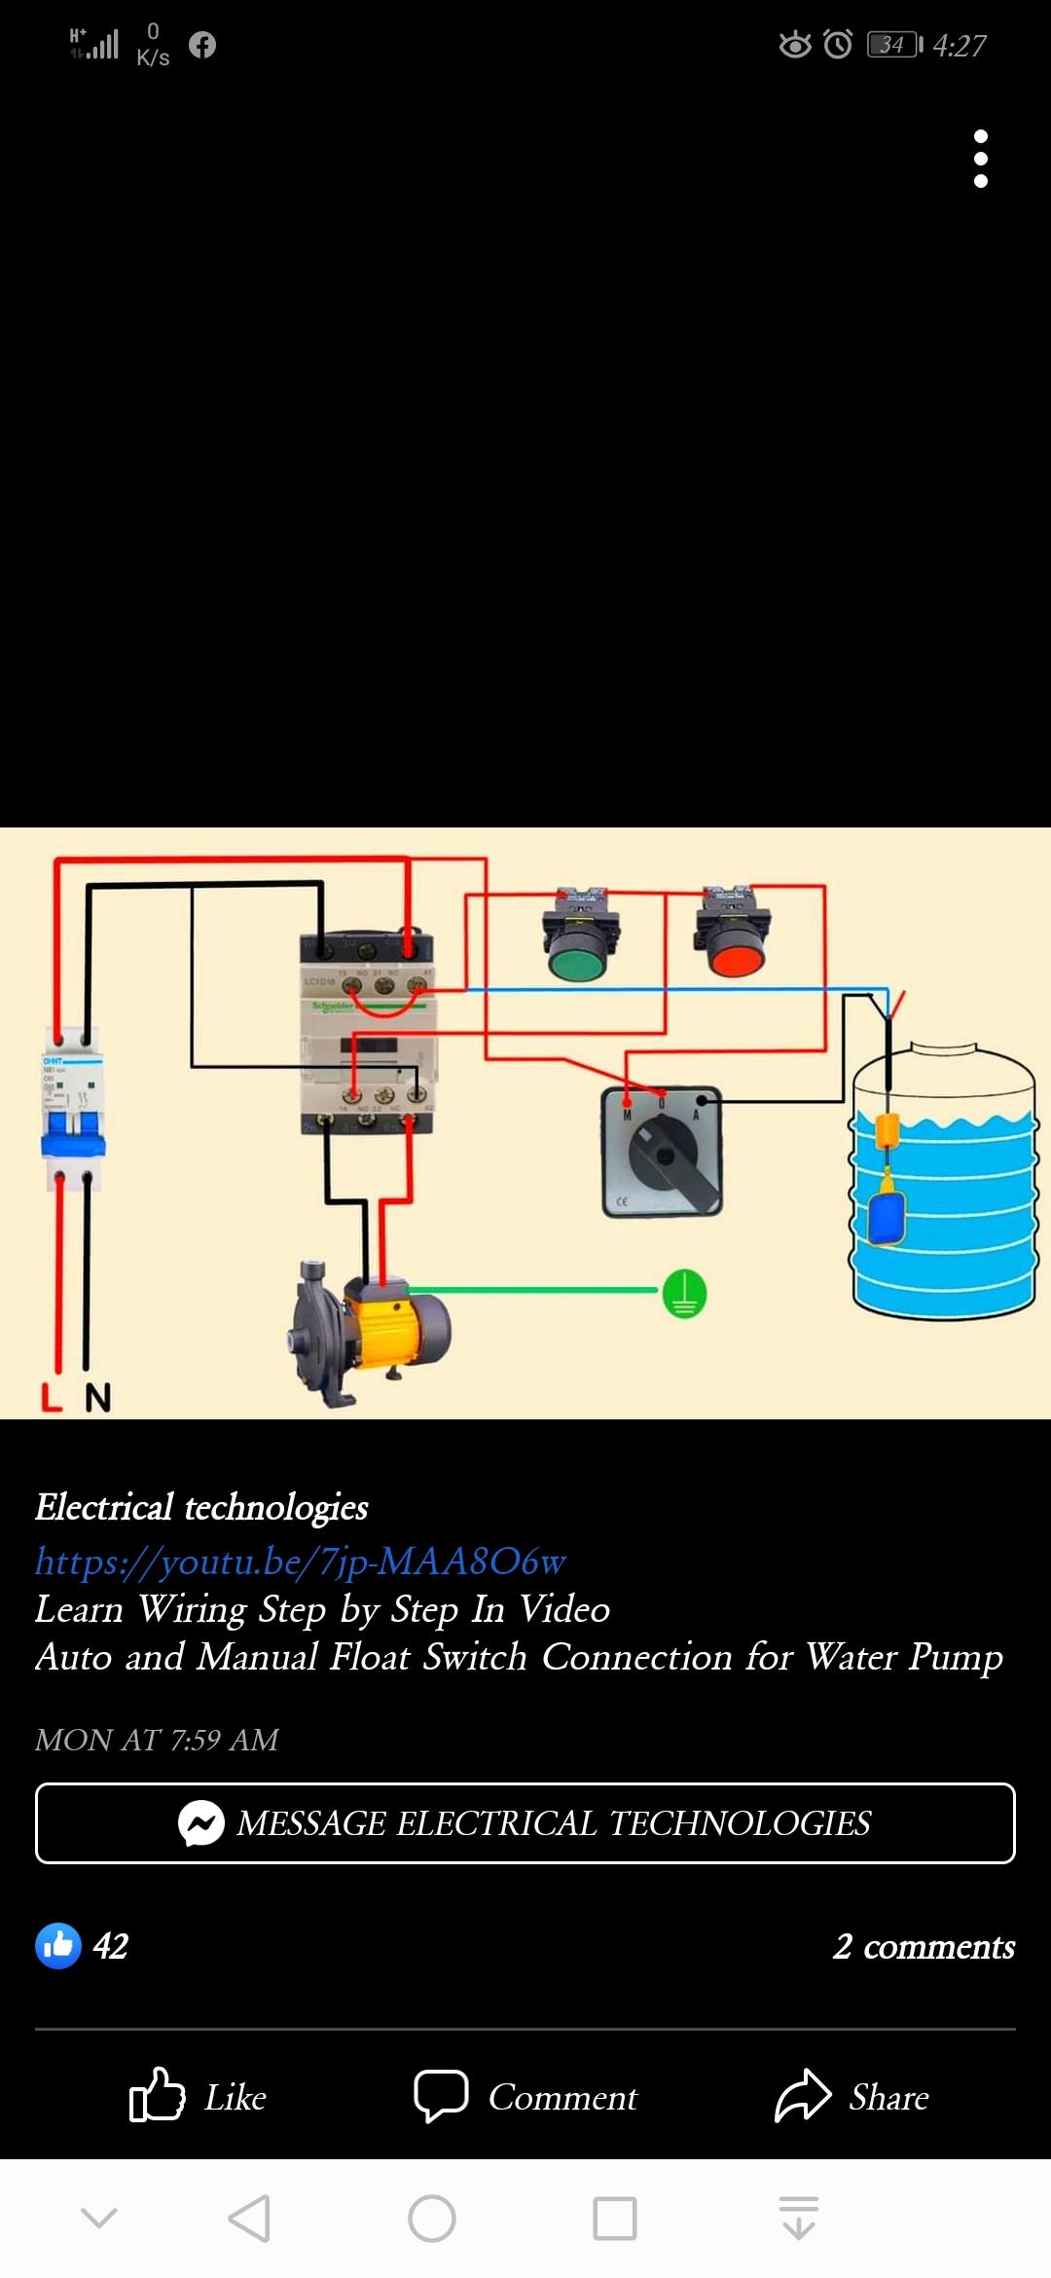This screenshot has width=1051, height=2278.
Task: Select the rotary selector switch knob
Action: (x=667, y=1155)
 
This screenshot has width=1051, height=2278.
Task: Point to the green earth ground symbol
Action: (x=684, y=1295)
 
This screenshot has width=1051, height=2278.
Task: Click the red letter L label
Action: (x=52, y=1398)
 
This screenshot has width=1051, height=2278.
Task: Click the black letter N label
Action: (x=97, y=1398)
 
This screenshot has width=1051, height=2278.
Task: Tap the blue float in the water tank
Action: (x=887, y=1217)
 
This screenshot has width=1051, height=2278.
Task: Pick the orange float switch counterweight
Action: (x=887, y=1132)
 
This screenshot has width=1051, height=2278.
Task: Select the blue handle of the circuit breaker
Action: (x=72, y=1134)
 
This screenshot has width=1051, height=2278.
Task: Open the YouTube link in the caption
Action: (x=300, y=1561)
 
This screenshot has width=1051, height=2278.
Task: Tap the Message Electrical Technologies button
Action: (x=525, y=1823)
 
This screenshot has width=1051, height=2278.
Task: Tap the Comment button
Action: (x=525, y=2097)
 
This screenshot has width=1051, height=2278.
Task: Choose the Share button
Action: (x=852, y=2097)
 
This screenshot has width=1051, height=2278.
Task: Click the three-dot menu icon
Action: (x=981, y=159)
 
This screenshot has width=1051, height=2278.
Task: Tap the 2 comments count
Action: (x=924, y=1946)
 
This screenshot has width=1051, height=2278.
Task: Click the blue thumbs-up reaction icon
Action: (x=58, y=1946)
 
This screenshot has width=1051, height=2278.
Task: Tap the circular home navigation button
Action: (x=432, y=2219)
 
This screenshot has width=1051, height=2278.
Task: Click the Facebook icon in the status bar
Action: (x=202, y=45)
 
